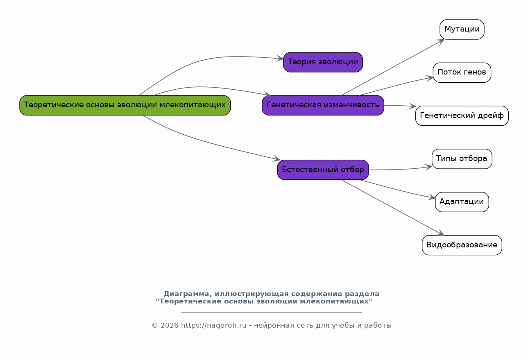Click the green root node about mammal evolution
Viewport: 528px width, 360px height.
coord(125,105)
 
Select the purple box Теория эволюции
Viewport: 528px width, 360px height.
coord(323,62)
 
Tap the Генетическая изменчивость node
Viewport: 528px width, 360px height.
coord(323,105)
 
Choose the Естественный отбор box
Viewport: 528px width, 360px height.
coord(323,170)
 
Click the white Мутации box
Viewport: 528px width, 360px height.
coord(462,29)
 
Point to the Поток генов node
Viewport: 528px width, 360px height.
coord(462,72)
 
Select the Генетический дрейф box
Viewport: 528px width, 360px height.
coord(462,115)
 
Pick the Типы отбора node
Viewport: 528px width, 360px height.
coord(462,159)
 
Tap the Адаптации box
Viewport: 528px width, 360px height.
coord(462,202)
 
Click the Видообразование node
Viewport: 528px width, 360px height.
coord(462,245)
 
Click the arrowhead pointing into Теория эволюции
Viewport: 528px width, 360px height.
coord(280,59)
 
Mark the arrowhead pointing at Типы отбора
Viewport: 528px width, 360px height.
coord(429,167)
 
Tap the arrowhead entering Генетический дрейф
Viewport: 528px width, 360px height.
coord(412,106)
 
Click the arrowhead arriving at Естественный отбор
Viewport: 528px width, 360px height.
coord(276,159)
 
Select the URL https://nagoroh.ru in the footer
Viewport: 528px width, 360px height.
coord(213,325)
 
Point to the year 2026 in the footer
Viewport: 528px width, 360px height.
coord(170,325)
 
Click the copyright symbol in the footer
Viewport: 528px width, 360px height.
coord(154,326)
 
